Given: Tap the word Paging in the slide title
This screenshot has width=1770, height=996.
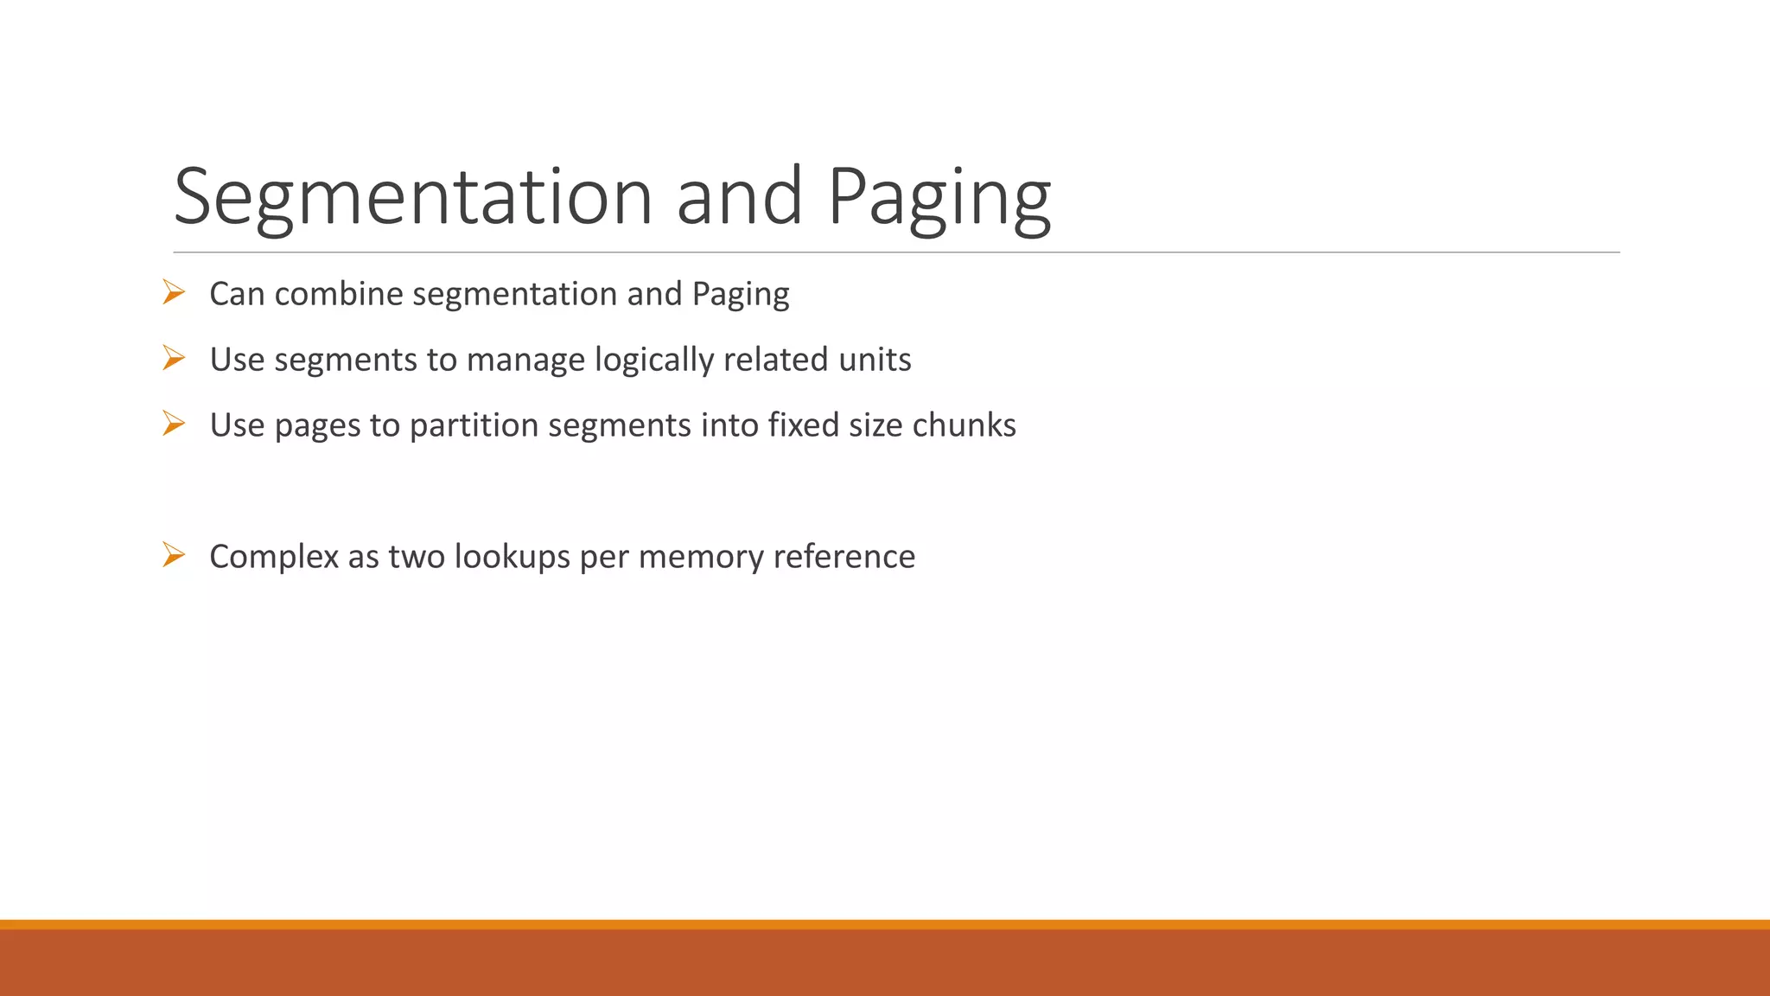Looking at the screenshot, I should pyautogui.click(x=939, y=197).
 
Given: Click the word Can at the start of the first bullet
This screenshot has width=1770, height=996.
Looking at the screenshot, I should pyautogui.click(x=237, y=294).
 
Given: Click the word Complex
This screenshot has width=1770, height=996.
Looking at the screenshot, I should pyautogui.click(x=274, y=557).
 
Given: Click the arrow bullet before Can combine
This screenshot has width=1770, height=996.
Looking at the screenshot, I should pyautogui.click(x=174, y=293).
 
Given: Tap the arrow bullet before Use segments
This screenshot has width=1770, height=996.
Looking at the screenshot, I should pyautogui.click(x=174, y=358).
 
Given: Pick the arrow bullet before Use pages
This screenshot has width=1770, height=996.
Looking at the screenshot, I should pyautogui.click(x=174, y=424).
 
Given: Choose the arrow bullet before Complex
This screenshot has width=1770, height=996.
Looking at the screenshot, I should pyautogui.click(x=174, y=555).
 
